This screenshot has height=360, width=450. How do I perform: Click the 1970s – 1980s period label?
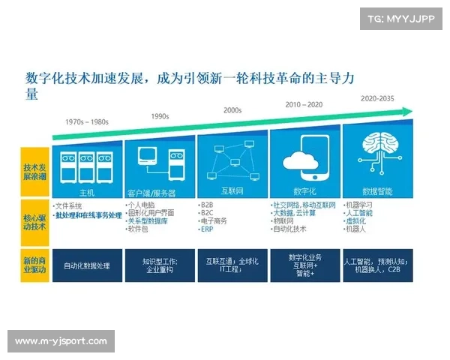pyautogui.click(x=86, y=121)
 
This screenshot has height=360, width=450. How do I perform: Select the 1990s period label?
pyautogui.click(x=160, y=116)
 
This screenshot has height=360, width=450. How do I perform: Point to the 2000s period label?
pyautogui.click(x=232, y=110)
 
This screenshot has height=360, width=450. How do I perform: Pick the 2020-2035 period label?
pyautogui.click(x=376, y=98)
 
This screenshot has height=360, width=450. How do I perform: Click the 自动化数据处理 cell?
pyautogui.click(x=87, y=265)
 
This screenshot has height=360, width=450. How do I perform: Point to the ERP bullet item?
pyautogui.click(x=208, y=230)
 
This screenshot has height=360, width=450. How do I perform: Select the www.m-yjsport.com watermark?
pyautogui.click(x=61, y=341)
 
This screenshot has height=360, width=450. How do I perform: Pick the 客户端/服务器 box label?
pyautogui.click(x=159, y=193)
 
